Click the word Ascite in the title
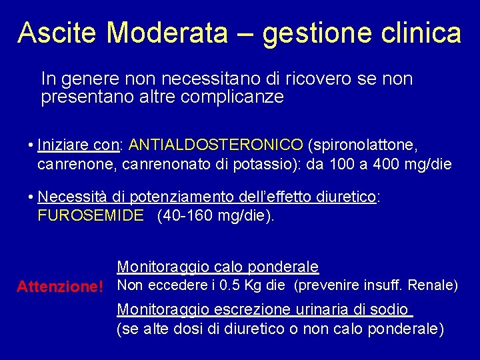58,33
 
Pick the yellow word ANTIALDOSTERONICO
216,145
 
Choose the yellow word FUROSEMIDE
91,215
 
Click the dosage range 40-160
187,215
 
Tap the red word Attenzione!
60,287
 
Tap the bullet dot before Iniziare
31,145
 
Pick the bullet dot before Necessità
31,197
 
